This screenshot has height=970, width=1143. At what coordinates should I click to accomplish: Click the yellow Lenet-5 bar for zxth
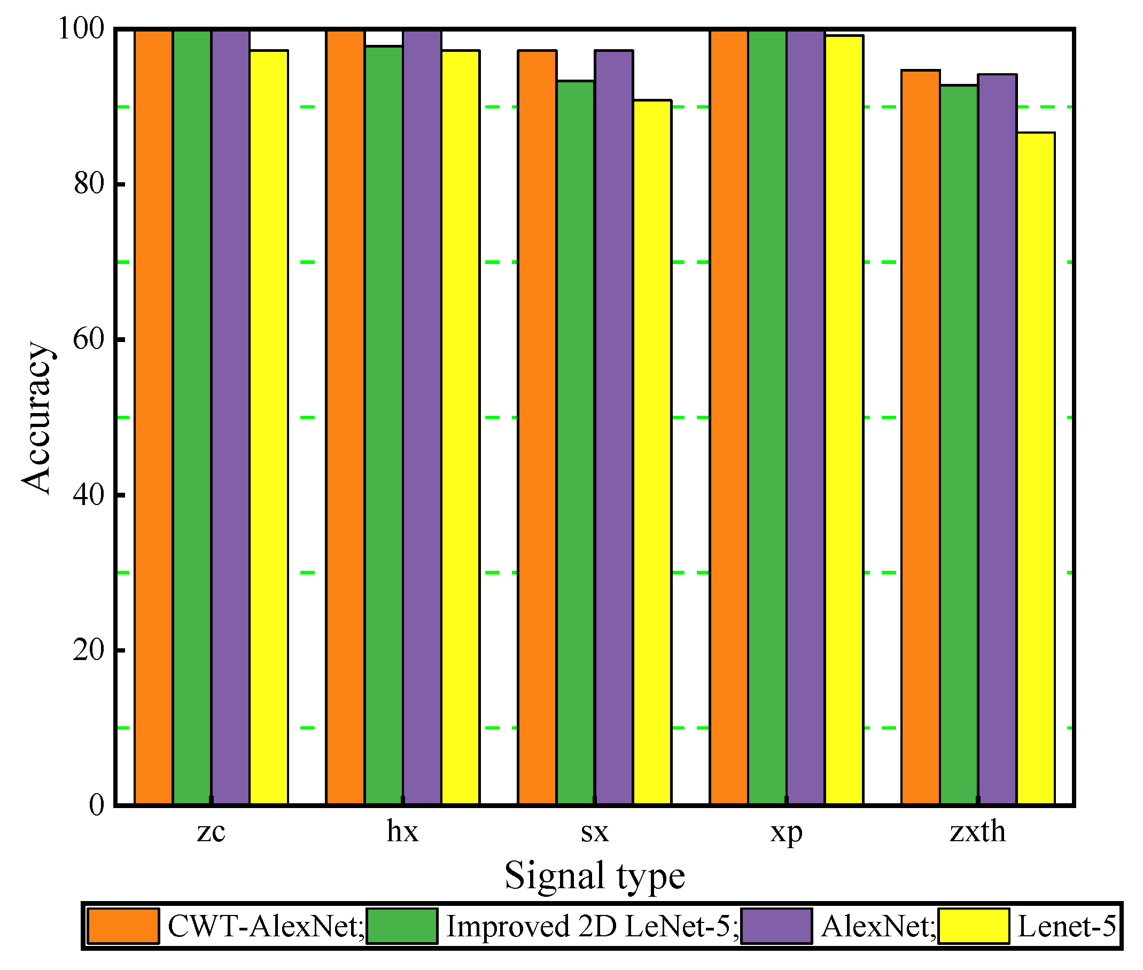[1035, 468]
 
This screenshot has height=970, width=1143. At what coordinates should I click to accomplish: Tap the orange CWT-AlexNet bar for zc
[153, 418]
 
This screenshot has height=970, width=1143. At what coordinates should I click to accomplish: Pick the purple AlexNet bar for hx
[422, 418]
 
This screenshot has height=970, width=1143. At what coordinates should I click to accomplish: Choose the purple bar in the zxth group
[997, 440]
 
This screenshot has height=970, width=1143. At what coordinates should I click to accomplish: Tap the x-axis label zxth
[977, 832]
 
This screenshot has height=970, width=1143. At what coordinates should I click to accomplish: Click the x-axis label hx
[402, 832]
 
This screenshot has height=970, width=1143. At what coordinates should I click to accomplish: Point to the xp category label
[786, 833]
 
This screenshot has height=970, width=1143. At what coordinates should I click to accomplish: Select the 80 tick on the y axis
[89, 184]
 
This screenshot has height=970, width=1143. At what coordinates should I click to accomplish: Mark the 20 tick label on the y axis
[89, 650]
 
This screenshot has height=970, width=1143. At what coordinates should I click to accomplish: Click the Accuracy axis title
[37, 418]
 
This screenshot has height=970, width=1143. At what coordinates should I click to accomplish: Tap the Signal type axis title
[594, 876]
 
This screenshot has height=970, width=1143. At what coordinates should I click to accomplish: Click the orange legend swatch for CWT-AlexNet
[123, 927]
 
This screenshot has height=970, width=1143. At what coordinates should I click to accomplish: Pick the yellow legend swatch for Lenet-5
[973, 927]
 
